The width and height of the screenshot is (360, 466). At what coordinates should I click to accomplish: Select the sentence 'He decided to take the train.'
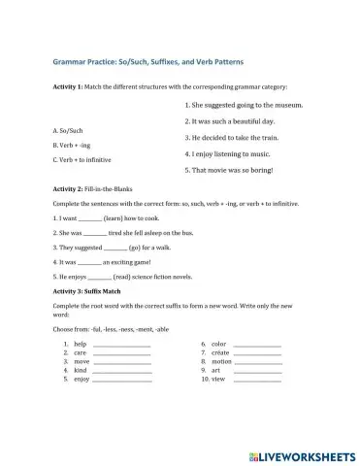click(234, 138)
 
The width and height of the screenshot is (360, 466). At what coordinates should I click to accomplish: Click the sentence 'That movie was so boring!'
click(229, 170)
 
